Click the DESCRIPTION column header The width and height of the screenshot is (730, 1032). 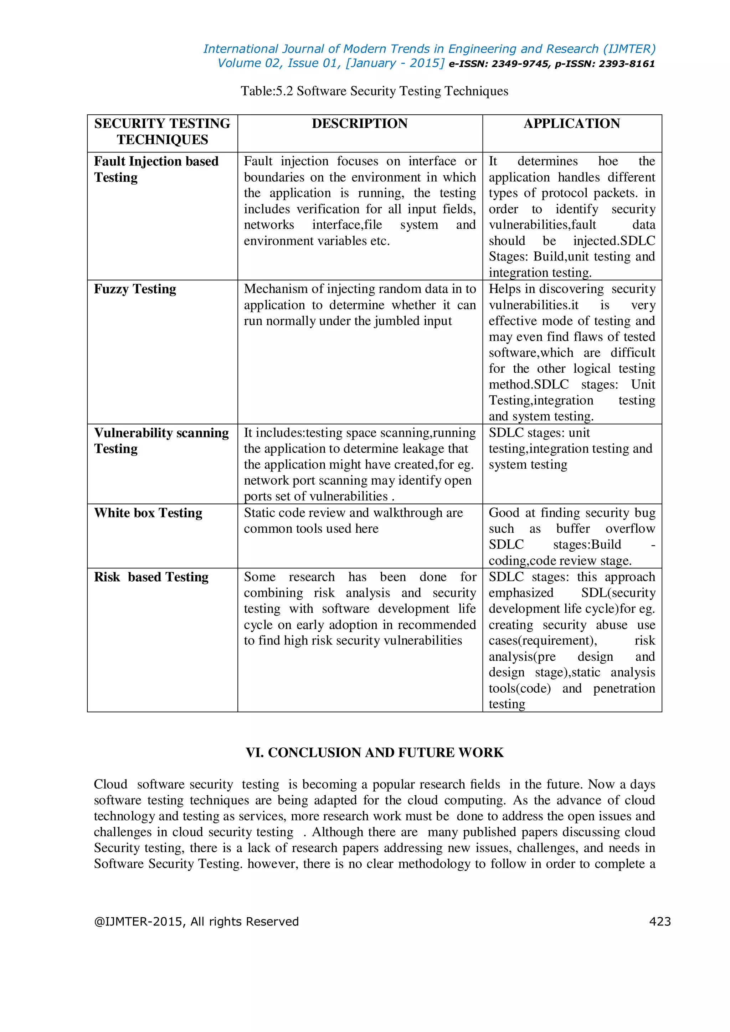[360, 124]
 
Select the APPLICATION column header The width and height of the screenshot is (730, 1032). [571, 124]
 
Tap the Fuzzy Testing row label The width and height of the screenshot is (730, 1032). [135, 289]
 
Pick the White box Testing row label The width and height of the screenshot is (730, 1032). [148, 513]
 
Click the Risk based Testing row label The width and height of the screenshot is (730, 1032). [151, 577]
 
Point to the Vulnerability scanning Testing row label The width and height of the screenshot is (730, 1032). [161, 440]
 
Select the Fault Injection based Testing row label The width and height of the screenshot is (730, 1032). [156, 169]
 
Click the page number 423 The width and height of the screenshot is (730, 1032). [659, 922]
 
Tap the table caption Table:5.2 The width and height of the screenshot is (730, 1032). [267, 91]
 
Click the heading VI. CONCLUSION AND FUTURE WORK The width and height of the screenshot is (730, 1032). [374, 752]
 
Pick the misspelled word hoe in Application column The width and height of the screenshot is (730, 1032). [608, 161]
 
